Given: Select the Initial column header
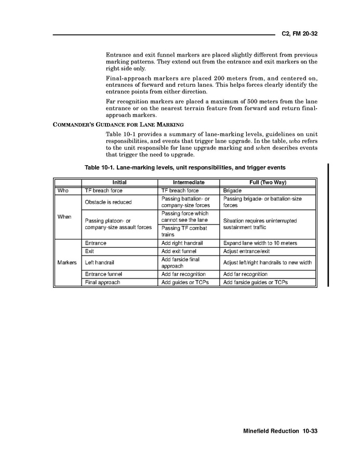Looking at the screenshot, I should point(119,182).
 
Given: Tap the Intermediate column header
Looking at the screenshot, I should point(189,182).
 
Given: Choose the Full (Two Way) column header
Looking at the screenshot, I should point(268,182).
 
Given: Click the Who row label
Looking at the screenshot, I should point(63,191).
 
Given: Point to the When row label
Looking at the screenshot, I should point(64,217).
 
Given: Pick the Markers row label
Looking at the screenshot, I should point(67,262).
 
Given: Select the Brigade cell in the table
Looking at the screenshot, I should point(233,191).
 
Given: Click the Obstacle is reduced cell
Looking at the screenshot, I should point(108,202).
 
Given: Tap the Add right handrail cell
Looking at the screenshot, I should point(182,243).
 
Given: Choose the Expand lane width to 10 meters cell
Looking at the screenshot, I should point(260,243).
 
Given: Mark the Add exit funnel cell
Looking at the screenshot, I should point(179,251).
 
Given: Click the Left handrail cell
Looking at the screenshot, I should point(99,262).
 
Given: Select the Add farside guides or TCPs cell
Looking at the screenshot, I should point(255,282).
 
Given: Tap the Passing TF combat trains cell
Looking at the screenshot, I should point(184,231).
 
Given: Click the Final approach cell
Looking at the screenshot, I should point(102,282).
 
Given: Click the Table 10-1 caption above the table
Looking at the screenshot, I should point(185,168).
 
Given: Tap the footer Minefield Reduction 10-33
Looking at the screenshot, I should point(279,431).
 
